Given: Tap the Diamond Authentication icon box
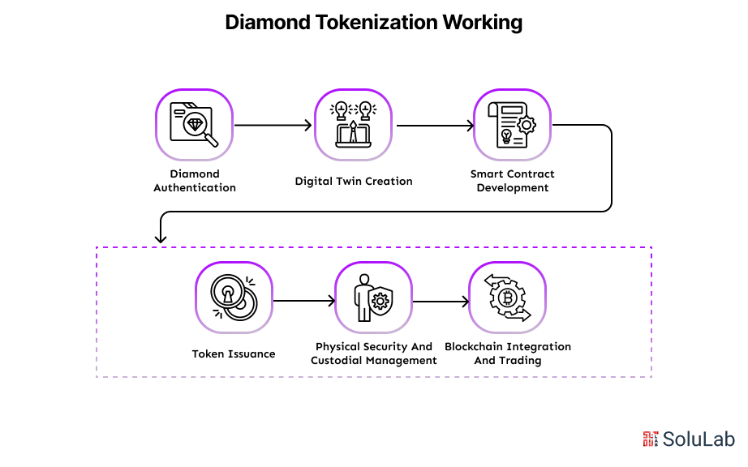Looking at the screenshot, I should point(195,126).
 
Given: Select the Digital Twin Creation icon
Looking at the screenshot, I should point(354,126).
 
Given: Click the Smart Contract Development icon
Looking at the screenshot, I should point(512,126).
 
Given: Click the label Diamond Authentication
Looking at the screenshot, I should point(195,181).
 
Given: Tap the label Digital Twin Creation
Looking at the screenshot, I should point(354,181).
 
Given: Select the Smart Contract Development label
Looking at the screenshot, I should point(513,181).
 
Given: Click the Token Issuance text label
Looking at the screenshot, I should point(234,353).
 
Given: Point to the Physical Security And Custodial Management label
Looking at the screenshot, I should point(374,353).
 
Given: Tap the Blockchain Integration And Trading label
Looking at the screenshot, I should point(508,353).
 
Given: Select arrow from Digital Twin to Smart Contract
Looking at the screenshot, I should point(433,126).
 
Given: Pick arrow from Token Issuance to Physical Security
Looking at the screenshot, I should point(303,301).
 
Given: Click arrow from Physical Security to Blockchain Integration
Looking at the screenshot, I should point(441,301).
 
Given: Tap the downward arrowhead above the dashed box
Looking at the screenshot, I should point(161,238).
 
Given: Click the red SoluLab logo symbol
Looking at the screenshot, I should point(651,439).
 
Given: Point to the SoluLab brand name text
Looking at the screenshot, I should point(699,439).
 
